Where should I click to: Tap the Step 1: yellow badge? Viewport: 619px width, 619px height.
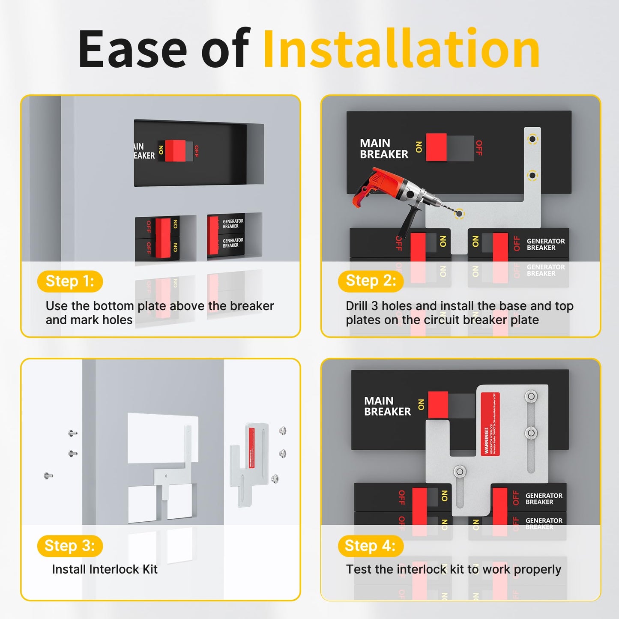pos(70,281)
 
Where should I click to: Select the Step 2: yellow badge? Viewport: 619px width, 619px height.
pos(371,281)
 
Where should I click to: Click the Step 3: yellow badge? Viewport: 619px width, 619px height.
pos(70,546)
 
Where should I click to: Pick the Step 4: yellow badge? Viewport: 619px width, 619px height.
pos(370,546)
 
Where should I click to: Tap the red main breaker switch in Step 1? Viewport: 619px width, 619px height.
pos(175,151)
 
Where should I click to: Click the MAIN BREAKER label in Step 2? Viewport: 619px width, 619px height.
pos(384,149)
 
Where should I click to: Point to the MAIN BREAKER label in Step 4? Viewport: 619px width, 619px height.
pos(387,406)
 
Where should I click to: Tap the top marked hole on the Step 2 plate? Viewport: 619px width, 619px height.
pos(532,139)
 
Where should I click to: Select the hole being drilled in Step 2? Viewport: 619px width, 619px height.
pos(459,213)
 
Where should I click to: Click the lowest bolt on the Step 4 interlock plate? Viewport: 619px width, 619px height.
pos(460,472)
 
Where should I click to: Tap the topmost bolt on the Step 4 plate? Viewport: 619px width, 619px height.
pos(531,396)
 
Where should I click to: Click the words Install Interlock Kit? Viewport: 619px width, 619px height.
pos(105,569)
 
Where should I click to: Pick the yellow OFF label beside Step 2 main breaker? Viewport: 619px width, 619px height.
pos(479,148)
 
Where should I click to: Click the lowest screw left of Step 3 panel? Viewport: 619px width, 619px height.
pos(48,475)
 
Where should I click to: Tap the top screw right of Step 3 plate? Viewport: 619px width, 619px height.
pos(283,431)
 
